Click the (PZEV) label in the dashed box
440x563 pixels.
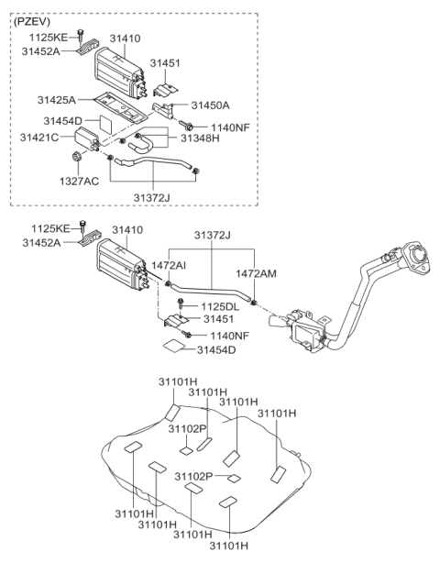[x=34, y=21]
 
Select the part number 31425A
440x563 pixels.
[x=56, y=98]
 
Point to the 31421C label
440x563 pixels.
[x=40, y=137]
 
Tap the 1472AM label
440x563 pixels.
[x=256, y=272]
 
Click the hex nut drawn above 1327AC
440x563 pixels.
[x=79, y=162]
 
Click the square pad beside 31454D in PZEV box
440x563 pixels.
[x=105, y=117]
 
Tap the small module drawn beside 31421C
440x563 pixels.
[x=89, y=138]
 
